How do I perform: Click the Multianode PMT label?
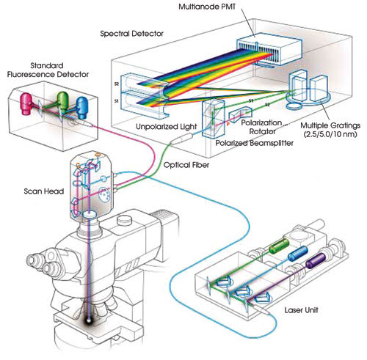click(x=207, y=7)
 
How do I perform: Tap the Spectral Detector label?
click(x=131, y=34)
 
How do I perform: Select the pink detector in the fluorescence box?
click(x=26, y=103)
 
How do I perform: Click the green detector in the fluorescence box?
click(x=63, y=100)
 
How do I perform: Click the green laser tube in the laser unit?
click(x=279, y=246)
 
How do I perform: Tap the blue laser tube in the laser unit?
click(x=297, y=253)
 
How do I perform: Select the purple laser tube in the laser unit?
click(x=316, y=261)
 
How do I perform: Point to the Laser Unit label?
click(x=301, y=310)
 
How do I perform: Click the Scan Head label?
click(x=44, y=191)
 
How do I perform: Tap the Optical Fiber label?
click(x=186, y=165)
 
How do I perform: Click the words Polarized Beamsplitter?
click(x=255, y=143)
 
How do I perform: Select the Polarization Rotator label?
click(x=262, y=127)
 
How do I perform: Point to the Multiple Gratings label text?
click(x=330, y=130)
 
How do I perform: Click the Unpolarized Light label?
click(x=167, y=127)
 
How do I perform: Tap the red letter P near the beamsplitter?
click(x=228, y=124)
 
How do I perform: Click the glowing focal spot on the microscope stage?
click(x=89, y=320)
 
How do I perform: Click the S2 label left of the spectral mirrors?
click(x=117, y=84)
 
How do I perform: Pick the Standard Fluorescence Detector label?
click(x=48, y=70)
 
